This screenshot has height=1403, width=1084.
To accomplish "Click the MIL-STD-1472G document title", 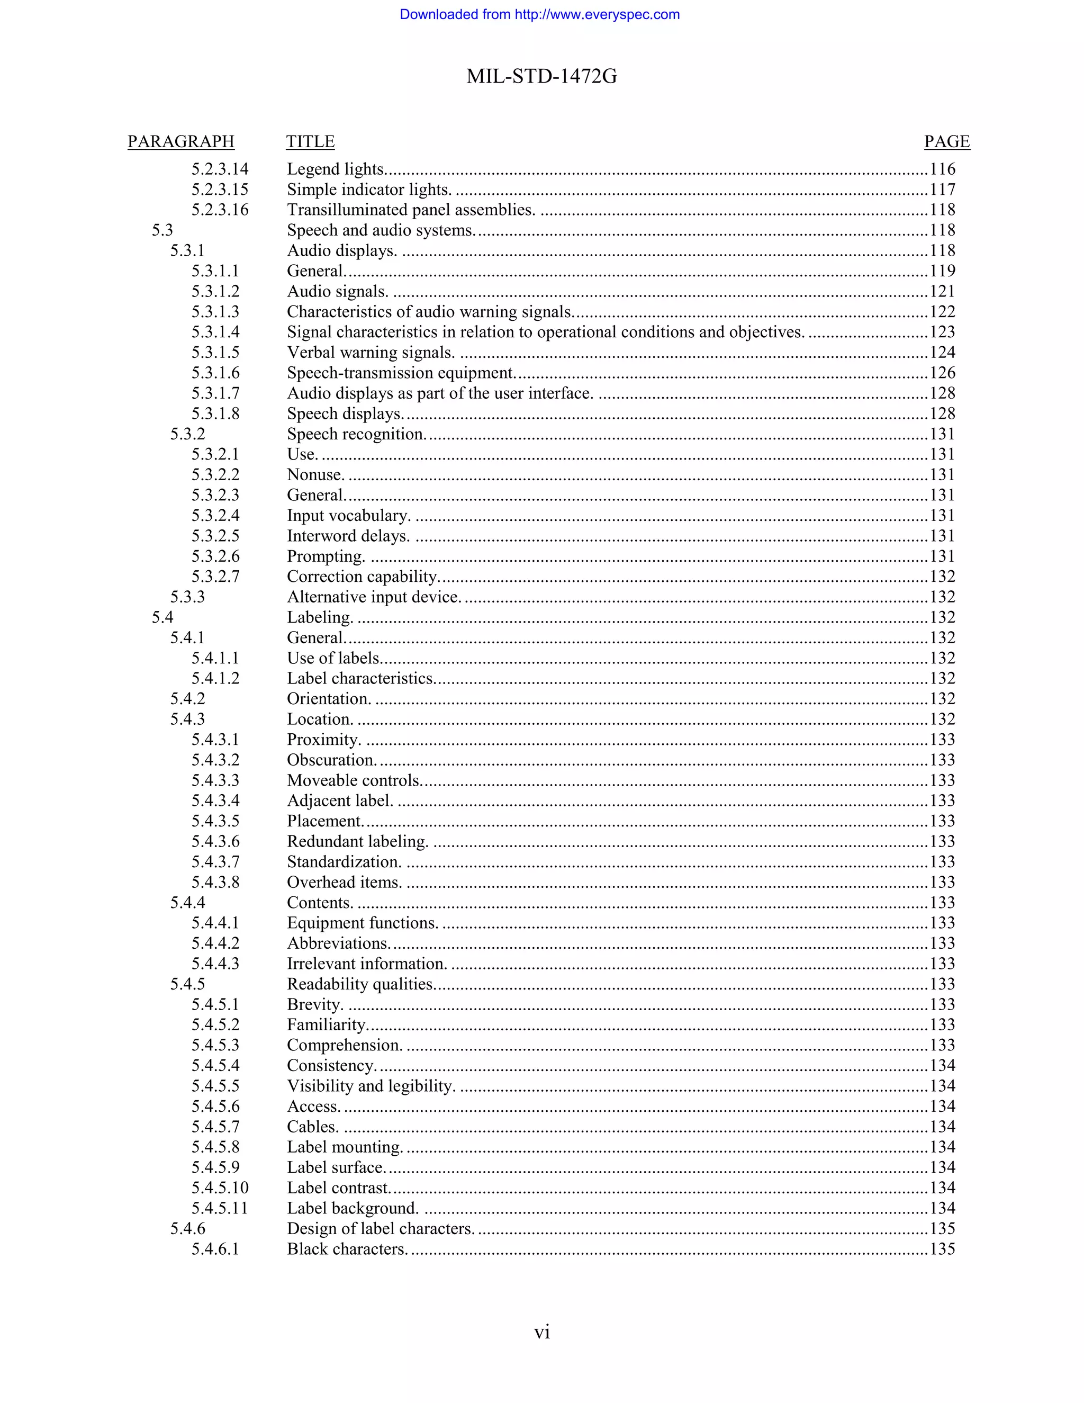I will tap(541, 76).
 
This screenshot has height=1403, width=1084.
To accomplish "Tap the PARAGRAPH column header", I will tap(180, 141).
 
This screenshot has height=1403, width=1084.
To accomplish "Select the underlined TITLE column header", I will tap(310, 141).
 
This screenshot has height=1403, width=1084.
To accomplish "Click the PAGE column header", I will tap(946, 141).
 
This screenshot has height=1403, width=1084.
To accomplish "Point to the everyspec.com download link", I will tap(539, 14).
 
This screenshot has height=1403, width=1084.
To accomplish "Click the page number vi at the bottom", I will tap(541, 1333).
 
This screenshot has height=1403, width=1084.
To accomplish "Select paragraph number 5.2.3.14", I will tap(220, 169).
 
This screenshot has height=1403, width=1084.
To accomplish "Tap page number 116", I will tap(942, 169).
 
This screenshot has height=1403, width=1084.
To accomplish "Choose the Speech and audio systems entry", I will tap(381, 230).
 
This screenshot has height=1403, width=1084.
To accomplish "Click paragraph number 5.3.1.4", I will tap(215, 332).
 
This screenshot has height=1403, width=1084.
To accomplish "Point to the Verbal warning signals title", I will tap(371, 353).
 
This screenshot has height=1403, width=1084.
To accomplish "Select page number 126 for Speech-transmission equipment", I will tap(942, 373).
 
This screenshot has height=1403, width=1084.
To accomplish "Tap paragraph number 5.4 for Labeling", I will tap(162, 617).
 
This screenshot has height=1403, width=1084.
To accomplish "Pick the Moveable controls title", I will tap(354, 780).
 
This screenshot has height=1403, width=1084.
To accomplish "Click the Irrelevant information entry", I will tap(367, 964).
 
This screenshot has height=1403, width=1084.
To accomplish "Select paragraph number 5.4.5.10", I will tap(220, 1188).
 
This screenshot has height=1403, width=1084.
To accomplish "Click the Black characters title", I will tap(347, 1249).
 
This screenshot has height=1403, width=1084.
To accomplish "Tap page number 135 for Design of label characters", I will tap(942, 1228).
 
